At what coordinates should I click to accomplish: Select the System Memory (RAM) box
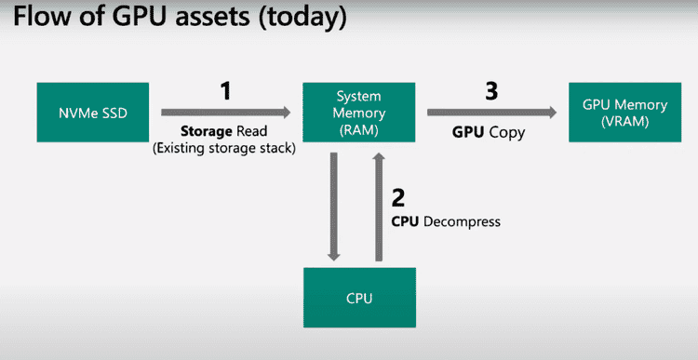click(358, 112)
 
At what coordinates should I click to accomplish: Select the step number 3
click(492, 91)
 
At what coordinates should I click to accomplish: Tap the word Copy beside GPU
click(508, 132)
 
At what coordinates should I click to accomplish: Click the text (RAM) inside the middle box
click(358, 131)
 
